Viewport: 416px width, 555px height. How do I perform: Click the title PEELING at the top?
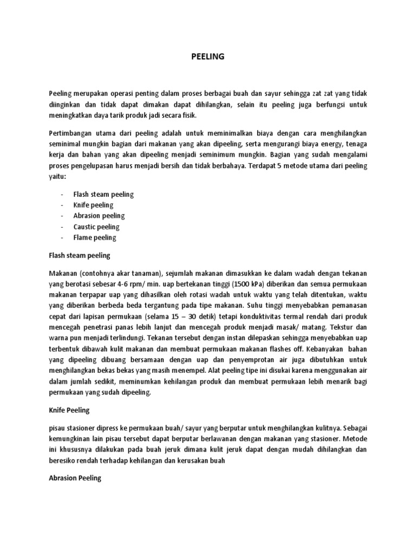pos(208,56)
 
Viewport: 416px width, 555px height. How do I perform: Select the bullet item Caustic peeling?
pos(96,227)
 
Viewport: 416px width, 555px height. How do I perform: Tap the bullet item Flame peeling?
pos(95,238)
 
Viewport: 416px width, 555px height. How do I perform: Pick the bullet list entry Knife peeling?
pos(94,205)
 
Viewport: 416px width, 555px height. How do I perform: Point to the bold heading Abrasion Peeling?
pos(75,479)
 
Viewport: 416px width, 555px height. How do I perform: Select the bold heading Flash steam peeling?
pos(79,254)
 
